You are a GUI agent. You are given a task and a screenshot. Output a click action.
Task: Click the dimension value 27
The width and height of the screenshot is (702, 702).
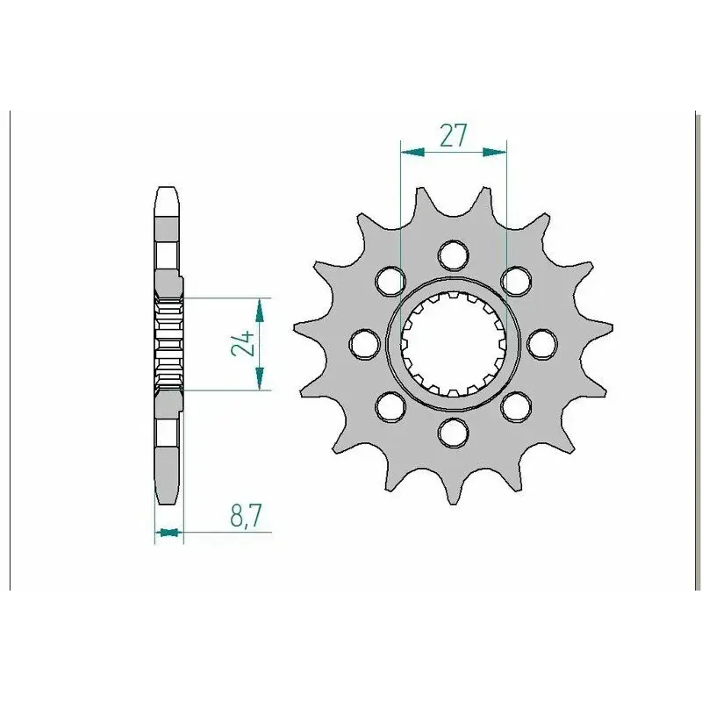453,135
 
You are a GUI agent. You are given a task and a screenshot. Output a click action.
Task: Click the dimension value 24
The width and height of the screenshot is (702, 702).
243,344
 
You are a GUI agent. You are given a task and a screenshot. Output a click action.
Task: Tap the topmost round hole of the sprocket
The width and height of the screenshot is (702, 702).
454,255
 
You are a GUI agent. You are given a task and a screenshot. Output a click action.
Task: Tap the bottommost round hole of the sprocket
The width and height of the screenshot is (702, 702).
454,433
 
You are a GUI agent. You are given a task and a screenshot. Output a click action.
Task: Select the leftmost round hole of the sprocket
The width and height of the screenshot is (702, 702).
364,344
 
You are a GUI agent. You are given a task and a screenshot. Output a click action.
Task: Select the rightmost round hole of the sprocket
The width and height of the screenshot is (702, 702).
542,344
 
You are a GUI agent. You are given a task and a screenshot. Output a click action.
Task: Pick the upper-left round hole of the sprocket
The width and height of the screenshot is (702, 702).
390,281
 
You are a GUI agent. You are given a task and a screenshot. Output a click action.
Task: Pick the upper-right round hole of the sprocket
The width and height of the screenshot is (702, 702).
516,281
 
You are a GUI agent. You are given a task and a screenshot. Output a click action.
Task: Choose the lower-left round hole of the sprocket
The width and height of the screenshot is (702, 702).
390,406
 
